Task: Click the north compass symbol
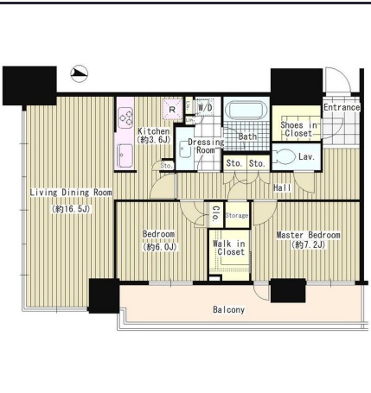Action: point(79,73)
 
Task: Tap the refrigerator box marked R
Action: point(172,109)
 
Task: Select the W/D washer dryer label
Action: point(205,108)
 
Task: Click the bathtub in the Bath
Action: point(246,110)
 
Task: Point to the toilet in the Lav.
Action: point(285,156)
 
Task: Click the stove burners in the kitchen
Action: point(126,117)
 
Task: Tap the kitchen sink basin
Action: point(125,155)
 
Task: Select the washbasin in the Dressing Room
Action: point(184,149)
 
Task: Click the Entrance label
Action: point(342,107)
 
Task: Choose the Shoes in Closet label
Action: point(298,130)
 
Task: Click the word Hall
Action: point(282,187)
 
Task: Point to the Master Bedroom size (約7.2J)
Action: point(308,244)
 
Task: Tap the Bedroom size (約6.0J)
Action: point(159,247)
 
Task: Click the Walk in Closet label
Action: point(229,248)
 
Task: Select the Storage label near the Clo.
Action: point(237,215)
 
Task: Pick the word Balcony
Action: point(228,309)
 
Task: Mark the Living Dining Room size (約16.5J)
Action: point(71,209)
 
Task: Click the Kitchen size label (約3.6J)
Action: point(154,140)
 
